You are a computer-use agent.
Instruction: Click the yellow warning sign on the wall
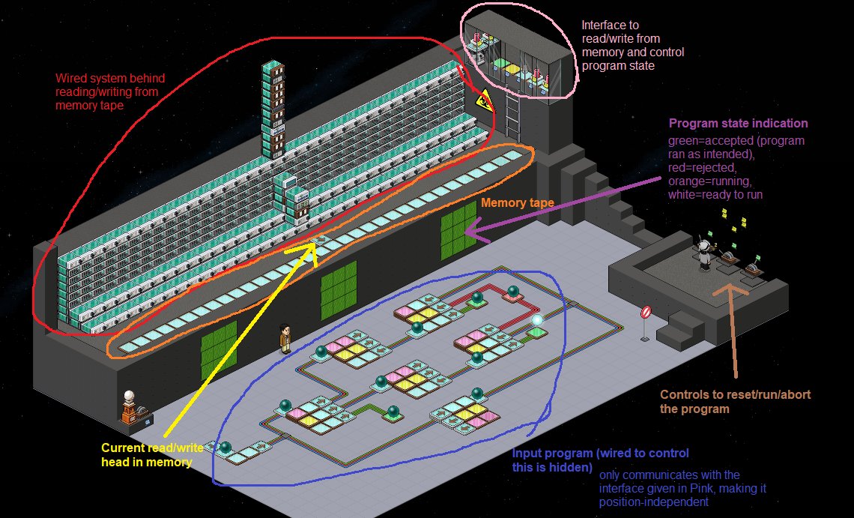coord(484,99)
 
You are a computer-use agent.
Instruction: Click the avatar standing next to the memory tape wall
coord(285,338)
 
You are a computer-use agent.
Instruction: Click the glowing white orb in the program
coord(537,319)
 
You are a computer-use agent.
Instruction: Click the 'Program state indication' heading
coord(738,124)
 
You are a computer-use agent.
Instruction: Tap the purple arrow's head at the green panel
coord(468,233)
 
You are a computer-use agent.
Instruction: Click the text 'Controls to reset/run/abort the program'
coord(735,400)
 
